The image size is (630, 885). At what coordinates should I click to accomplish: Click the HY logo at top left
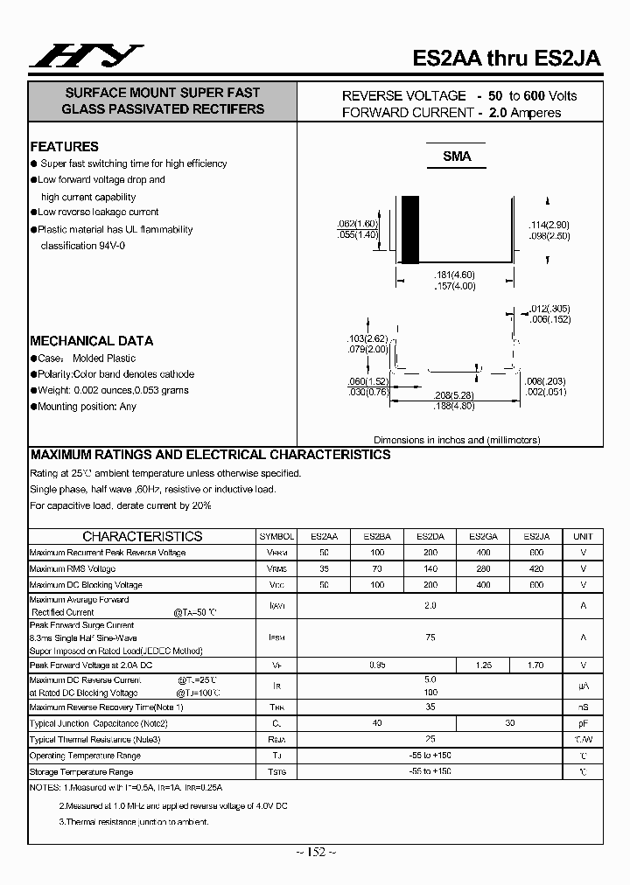coord(85,56)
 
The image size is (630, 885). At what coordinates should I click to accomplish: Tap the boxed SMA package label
coord(456,157)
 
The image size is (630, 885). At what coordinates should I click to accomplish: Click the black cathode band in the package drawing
coord(409,229)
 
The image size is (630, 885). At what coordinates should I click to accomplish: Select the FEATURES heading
coord(65,147)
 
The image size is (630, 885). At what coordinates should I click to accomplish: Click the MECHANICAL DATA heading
coord(92,341)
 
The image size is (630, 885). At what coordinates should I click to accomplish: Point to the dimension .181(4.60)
coord(455,275)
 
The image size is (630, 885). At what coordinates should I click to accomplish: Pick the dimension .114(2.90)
coord(549,225)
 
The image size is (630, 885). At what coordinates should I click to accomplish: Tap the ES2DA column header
coord(430,536)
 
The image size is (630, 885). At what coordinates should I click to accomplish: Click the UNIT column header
coord(583,536)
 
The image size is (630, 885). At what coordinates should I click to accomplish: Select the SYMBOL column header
coord(276,536)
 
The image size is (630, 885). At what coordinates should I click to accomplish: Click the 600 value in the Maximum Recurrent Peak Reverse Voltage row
coord(536,553)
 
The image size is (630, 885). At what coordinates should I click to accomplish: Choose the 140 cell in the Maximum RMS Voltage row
coord(430,568)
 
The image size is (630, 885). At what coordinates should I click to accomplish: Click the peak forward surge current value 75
coord(430,638)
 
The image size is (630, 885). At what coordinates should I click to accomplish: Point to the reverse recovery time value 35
coord(430,707)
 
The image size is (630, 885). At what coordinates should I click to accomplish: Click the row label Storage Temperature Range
coord(81,772)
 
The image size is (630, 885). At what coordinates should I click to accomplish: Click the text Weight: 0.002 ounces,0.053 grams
coord(113,390)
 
